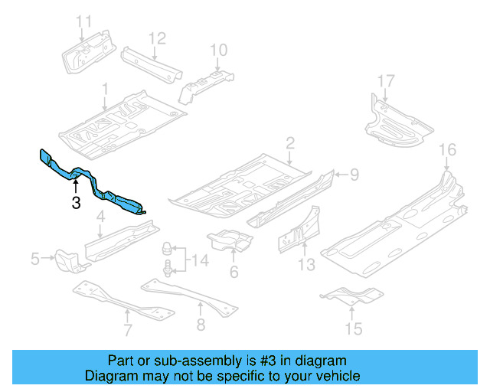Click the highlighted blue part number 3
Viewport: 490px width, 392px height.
[x=92, y=183]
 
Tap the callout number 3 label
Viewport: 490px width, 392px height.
[x=75, y=203]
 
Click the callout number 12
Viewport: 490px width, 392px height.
[x=156, y=38]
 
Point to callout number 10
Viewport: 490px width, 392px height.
[x=219, y=51]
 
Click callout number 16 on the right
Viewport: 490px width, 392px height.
[x=447, y=149]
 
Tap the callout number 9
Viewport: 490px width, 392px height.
[x=354, y=175]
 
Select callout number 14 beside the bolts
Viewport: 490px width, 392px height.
[x=199, y=261]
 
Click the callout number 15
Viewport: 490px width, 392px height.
[x=353, y=330]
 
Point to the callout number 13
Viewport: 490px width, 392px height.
[x=306, y=265]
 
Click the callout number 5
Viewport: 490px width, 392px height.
[x=35, y=260]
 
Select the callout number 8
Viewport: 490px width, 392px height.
[x=201, y=325]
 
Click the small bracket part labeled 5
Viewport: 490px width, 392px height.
[x=70, y=260]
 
